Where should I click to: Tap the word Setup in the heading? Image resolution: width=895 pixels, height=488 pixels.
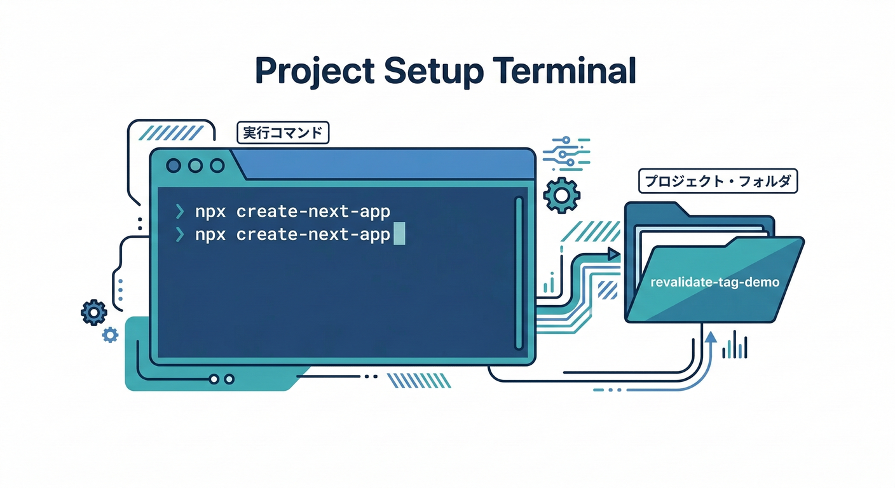(430, 71)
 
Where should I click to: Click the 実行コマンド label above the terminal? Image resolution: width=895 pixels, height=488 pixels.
(282, 133)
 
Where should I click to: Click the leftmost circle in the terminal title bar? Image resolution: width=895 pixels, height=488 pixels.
(174, 166)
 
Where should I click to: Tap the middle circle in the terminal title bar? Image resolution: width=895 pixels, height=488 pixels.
(195, 166)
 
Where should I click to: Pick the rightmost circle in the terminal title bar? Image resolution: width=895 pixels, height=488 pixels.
(217, 166)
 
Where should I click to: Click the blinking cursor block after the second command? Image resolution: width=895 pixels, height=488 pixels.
(399, 234)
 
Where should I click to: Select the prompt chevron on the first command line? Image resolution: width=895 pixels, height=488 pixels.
(180, 211)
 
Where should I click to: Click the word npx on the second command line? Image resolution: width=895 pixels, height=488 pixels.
(210, 234)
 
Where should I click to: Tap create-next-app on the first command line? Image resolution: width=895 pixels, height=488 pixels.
(313, 211)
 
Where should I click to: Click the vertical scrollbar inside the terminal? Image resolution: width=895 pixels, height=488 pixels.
(518, 273)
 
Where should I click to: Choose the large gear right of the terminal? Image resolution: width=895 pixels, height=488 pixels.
(563, 194)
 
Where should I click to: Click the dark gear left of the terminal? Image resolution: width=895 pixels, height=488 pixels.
(94, 312)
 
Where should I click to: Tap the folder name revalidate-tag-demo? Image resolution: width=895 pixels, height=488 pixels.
(715, 282)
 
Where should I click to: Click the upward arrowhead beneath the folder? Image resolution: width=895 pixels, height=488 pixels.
(711, 337)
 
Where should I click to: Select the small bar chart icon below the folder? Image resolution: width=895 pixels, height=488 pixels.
(736, 346)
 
